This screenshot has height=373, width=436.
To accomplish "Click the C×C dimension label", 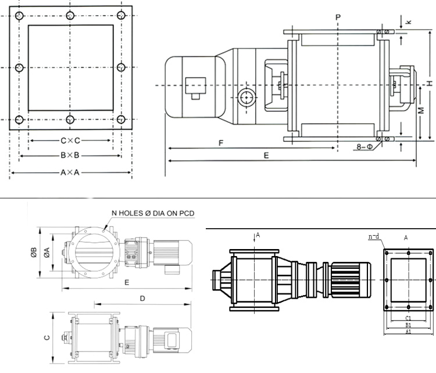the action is [70, 141].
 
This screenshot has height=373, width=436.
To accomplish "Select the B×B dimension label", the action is [70, 155].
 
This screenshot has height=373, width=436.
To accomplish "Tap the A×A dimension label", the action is [70, 173].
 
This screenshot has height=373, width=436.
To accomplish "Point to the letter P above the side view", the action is [338, 17].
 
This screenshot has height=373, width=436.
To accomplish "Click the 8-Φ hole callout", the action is [364, 147].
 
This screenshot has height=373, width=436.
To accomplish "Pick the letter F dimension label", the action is [221, 143].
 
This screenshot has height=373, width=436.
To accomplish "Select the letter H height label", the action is [430, 83].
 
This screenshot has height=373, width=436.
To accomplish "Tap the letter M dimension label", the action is [421, 110].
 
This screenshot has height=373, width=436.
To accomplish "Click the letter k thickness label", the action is [408, 22].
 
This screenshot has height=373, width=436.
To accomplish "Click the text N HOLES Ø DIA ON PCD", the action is [153, 213].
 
